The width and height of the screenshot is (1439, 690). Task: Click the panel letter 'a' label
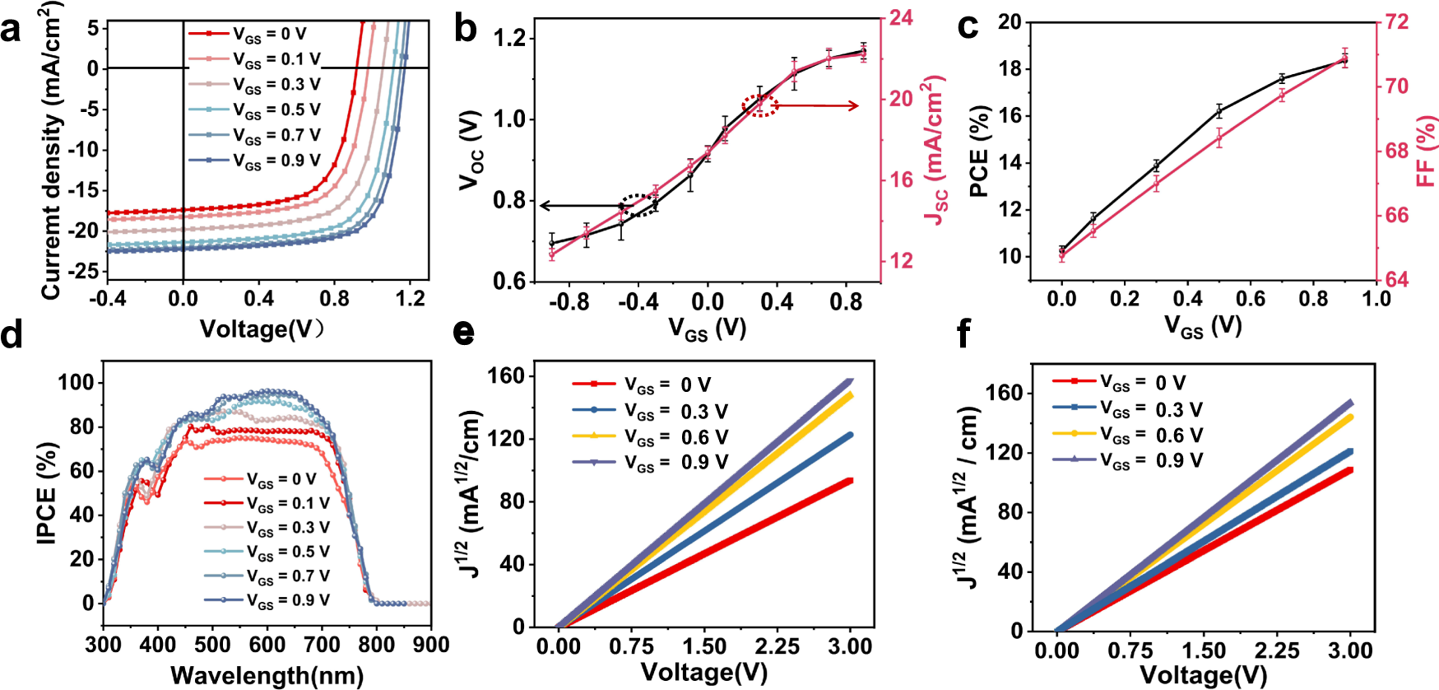pyautogui.click(x=12, y=30)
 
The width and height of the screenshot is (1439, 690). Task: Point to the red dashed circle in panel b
pyautogui.click(x=760, y=105)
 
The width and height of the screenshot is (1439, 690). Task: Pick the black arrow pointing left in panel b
pyautogui.click(x=580, y=206)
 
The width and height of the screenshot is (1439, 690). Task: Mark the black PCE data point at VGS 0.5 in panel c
pyautogui.click(x=1219, y=111)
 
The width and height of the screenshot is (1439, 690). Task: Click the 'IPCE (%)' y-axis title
pyautogui.click(x=47, y=492)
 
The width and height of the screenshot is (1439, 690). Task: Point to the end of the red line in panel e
pyautogui.click(x=849, y=481)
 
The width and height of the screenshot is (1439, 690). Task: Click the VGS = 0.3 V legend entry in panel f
pyautogui.click(x=1127, y=409)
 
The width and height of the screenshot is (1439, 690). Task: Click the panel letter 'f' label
pyautogui.click(x=963, y=335)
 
